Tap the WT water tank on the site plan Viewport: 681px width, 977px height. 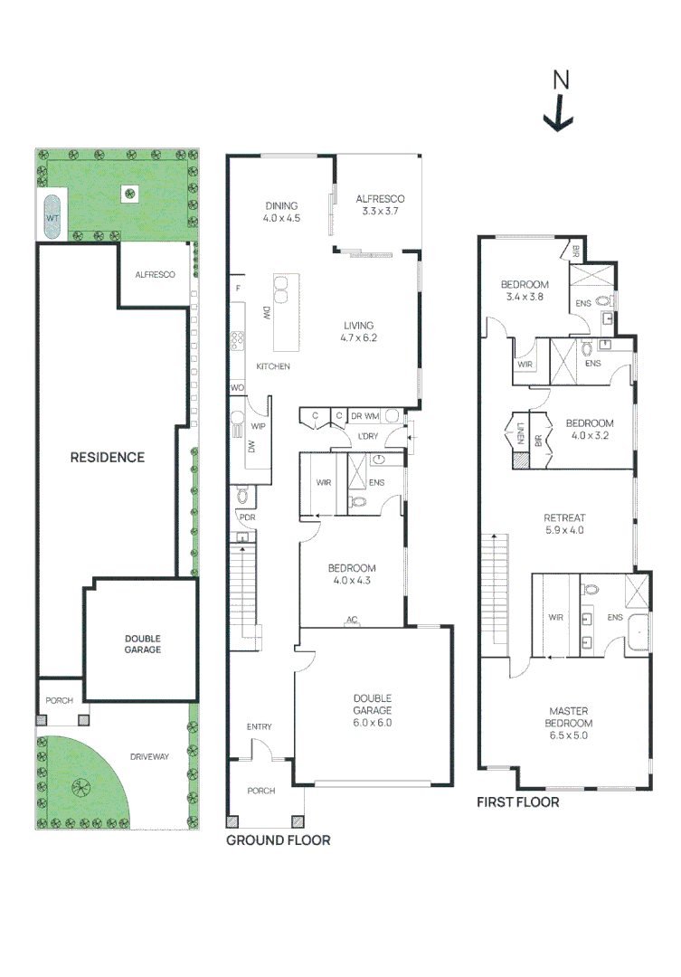pyautogui.click(x=52, y=217)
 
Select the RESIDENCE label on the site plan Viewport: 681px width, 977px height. pyautogui.click(x=107, y=458)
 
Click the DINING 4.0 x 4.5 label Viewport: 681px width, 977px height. pyautogui.click(x=281, y=212)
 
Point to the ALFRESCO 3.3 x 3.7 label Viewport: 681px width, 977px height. pyautogui.click(x=380, y=205)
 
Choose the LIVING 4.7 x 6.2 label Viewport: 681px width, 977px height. pyautogui.click(x=359, y=331)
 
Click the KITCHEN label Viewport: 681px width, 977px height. pyautogui.click(x=273, y=366)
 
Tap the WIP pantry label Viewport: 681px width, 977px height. pyautogui.click(x=258, y=426)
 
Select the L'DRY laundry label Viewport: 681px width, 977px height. pyautogui.click(x=368, y=436)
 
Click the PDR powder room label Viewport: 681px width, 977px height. pyautogui.click(x=248, y=517)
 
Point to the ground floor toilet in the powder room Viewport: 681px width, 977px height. pyautogui.click(x=243, y=496)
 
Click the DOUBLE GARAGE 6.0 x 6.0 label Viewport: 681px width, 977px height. pyautogui.click(x=373, y=710)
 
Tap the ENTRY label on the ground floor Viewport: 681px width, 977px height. pyautogui.click(x=260, y=726)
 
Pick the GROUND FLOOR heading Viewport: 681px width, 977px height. pyautogui.click(x=278, y=840)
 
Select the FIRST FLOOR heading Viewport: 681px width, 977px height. pyautogui.click(x=518, y=802)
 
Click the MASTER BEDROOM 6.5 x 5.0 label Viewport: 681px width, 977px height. pyautogui.click(x=569, y=723)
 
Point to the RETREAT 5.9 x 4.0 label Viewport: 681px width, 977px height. pyautogui.click(x=564, y=524)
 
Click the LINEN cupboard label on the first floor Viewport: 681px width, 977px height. pyautogui.click(x=521, y=432)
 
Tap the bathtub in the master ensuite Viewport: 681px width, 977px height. pyautogui.click(x=638, y=633)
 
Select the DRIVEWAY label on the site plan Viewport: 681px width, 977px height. pyautogui.click(x=149, y=756)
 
